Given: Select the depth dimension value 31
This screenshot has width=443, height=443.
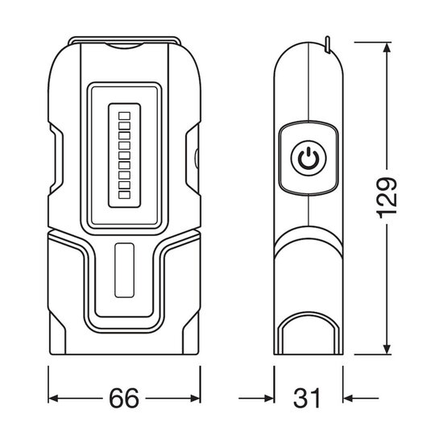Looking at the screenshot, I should [309, 398].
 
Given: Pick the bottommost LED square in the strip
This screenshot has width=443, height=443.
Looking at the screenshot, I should [124, 194].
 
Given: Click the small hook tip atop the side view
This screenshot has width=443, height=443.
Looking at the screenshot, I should [328, 39].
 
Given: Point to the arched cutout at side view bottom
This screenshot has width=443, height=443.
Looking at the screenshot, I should [308, 334].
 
